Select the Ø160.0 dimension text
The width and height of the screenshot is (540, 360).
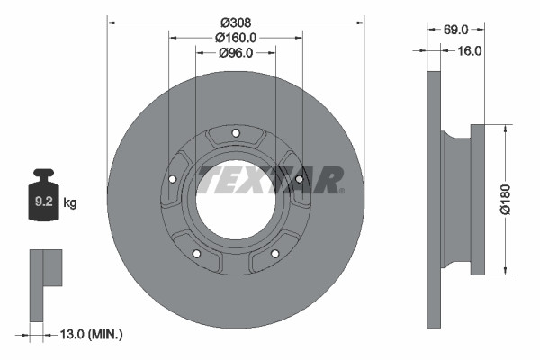(236, 37)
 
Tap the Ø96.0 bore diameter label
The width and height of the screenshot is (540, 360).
(236, 53)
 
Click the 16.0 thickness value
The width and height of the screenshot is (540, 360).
(469, 50)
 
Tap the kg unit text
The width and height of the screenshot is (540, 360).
(69, 202)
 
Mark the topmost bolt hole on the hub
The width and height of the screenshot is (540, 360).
(236, 135)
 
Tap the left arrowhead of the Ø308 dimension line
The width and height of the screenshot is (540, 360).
(111, 21)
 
